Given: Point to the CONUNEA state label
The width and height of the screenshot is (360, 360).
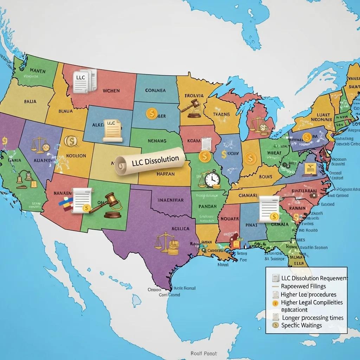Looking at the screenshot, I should pyautogui.click(x=155, y=90).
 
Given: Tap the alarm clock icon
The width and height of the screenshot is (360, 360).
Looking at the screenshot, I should pyautogui.click(x=212, y=179).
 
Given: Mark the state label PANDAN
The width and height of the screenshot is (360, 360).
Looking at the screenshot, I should pyautogui.click(x=207, y=207).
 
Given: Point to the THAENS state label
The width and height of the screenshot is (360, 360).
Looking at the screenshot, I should pyautogui.click(x=221, y=114).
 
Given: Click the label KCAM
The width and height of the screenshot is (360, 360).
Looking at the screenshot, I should pyautogui.click(x=193, y=141).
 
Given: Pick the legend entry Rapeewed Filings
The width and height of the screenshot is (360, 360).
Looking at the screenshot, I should pyautogui.click(x=303, y=286).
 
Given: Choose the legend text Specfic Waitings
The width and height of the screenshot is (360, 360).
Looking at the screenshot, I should pyautogui.click(x=301, y=325).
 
